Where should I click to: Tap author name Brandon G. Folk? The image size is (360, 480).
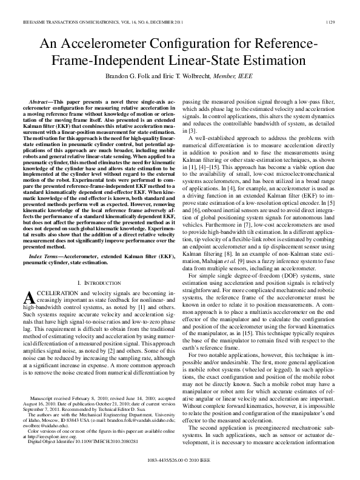click(141, 76)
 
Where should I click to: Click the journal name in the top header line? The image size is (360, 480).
click(91, 21)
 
